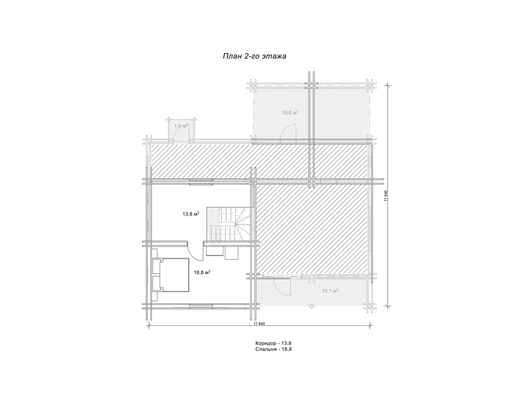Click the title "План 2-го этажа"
254,56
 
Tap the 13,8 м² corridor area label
191,214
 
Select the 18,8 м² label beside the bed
202,272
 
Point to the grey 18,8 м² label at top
290,113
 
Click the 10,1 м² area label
330,291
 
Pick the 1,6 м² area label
181,126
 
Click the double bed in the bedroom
171,275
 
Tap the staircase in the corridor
229,224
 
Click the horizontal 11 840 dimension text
259,324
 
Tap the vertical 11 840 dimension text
386,195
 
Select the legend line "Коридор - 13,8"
273,343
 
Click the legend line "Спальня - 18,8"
273,349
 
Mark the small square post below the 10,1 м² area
311,306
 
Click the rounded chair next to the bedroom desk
232,253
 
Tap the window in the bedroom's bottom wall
201,306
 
